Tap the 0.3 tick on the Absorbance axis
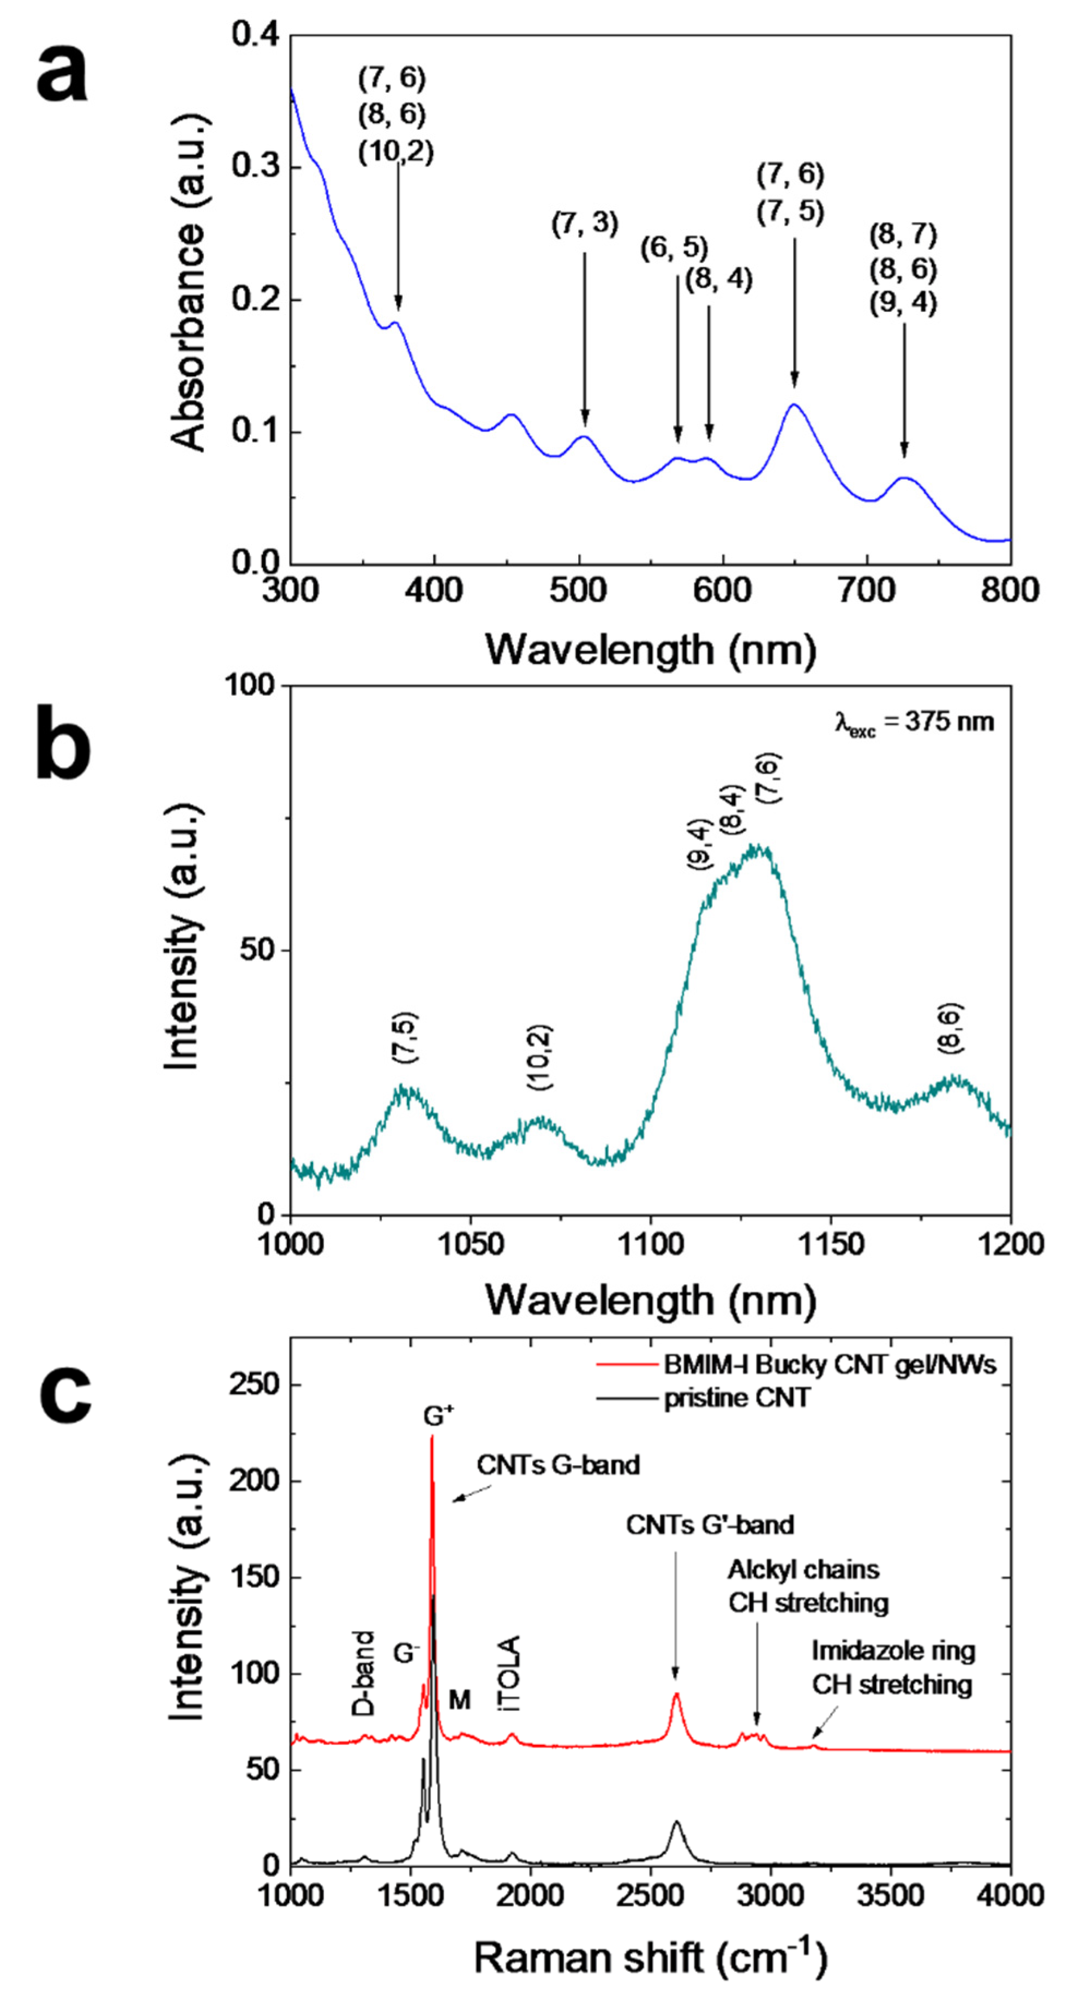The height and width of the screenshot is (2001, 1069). tap(256, 168)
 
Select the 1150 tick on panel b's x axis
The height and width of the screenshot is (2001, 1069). tap(831, 1244)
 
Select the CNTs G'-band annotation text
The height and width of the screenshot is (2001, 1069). tap(709, 1525)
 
